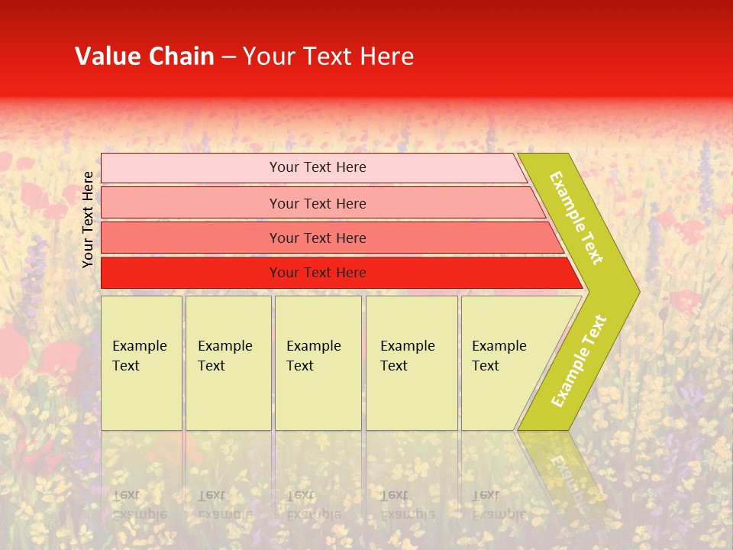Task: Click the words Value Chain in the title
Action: (144, 57)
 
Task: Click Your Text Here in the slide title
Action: (328, 57)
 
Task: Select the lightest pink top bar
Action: (191, 168)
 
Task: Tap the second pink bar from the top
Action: (191, 203)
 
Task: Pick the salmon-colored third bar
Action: (191, 238)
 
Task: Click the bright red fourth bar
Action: (191, 273)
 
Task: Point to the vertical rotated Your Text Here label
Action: (88, 219)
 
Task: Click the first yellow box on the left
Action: (141, 363)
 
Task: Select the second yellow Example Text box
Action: (228, 363)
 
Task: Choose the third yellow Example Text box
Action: (318, 363)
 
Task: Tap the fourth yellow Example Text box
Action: (412, 363)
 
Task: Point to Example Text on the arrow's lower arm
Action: (579, 361)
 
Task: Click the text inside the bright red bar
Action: (318, 273)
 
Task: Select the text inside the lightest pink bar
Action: (318, 167)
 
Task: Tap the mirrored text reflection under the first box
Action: (140, 504)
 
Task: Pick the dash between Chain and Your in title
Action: (228, 57)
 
